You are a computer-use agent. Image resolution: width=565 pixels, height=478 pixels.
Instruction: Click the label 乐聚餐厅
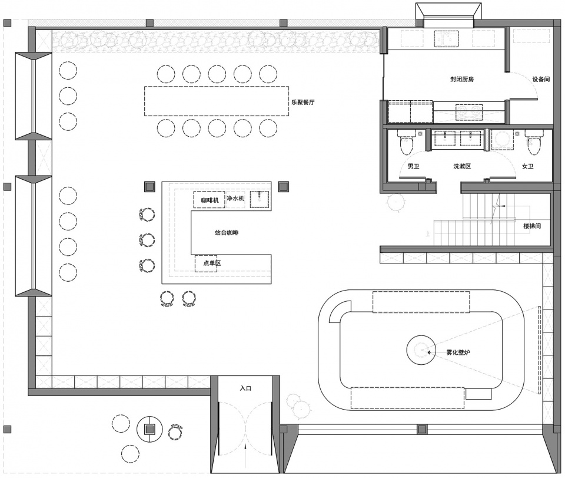pos(303,102)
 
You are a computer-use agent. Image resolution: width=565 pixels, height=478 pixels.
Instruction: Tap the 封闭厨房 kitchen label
pos(462,80)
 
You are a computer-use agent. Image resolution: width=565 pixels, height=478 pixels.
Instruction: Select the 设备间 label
pos(541,80)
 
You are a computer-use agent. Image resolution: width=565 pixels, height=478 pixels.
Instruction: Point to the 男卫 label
pos(413,166)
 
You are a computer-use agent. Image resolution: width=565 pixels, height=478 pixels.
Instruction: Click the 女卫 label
pos(528,166)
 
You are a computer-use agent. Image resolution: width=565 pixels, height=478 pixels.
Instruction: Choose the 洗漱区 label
pos(463,166)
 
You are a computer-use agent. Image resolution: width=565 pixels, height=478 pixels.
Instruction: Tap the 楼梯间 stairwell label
pos(532,226)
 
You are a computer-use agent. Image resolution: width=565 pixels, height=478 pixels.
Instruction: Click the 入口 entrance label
pos(246,388)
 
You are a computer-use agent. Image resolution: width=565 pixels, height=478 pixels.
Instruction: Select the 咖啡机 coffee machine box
pos(210,199)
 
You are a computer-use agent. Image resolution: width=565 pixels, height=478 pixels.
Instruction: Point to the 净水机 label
pos(235,199)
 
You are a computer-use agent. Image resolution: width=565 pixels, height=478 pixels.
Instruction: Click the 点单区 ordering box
pos(206,263)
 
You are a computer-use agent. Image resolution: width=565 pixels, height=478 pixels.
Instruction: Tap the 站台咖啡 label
pos(227,233)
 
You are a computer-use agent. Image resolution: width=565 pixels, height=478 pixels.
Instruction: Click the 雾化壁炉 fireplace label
pos(458,352)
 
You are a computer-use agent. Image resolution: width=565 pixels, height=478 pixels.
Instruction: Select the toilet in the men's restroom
pos(406,143)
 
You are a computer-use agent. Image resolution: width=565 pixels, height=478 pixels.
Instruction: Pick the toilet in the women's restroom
pos(534,143)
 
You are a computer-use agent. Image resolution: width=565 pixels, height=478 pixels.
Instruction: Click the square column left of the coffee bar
pos(149,187)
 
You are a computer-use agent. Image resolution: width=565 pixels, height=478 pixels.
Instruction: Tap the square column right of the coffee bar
pos(284,187)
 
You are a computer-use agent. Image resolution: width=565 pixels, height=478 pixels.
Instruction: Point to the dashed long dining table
pos(217,101)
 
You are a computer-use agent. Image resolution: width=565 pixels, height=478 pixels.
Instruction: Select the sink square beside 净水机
pos(260,199)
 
